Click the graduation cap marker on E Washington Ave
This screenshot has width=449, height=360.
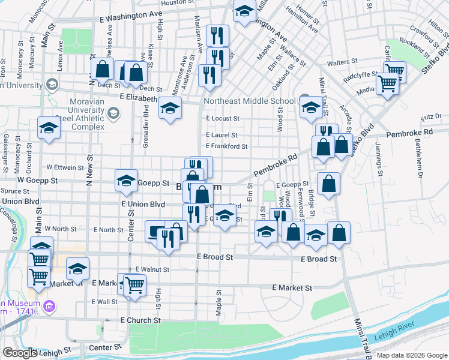(x=244, y=11)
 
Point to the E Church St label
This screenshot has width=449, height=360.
(x=140, y=320)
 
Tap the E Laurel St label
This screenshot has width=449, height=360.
(x=221, y=136)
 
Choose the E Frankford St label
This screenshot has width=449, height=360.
(x=226, y=146)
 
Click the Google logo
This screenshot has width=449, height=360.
(x=19, y=353)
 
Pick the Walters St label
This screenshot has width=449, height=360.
(x=342, y=62)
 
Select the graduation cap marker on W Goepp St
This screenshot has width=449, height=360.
(x=126, y=179)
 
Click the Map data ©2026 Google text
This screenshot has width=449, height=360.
(x=411, y=355)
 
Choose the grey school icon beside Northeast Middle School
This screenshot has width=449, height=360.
(x=304, y=100)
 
